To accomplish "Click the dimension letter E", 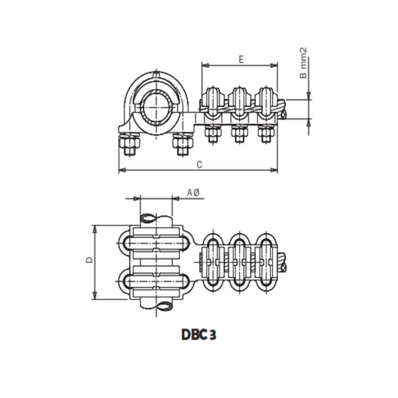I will coord(241,59).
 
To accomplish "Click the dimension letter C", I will coord(199,165).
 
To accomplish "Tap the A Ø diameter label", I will coord(193,192).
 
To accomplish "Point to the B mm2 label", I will coord(303,63).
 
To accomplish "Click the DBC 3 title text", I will coord(199,334).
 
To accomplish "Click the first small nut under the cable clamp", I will coord(212,135).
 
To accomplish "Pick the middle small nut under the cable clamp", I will coord(238,135).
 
